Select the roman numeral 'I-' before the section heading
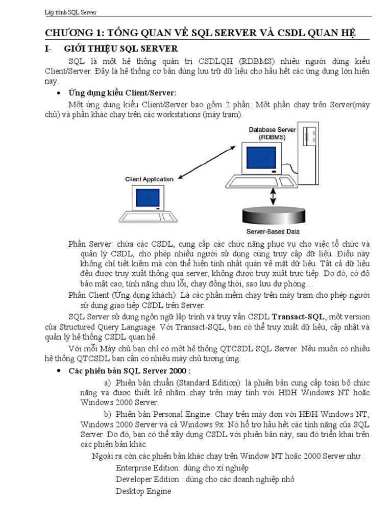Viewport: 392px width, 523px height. tap(49, 49)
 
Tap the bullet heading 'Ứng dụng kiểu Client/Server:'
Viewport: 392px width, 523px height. tap(122, 92)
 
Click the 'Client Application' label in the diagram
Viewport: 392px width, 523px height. tap(149, 179)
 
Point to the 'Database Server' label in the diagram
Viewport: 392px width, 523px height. tap(272, 130)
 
